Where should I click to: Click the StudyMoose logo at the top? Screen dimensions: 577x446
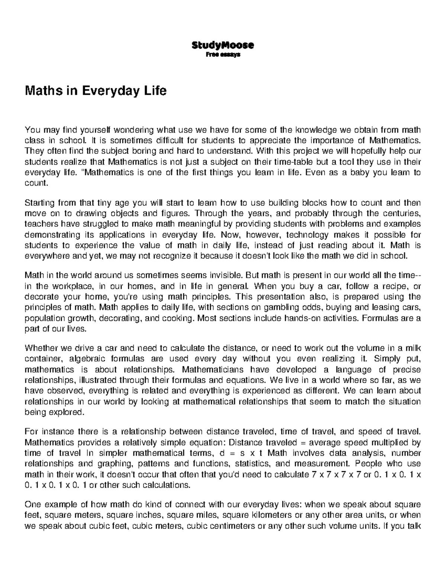tap(223, 45)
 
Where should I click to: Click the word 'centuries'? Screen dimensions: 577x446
tap(401, 214)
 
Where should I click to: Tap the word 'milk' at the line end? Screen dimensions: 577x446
tap(413, 349)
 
